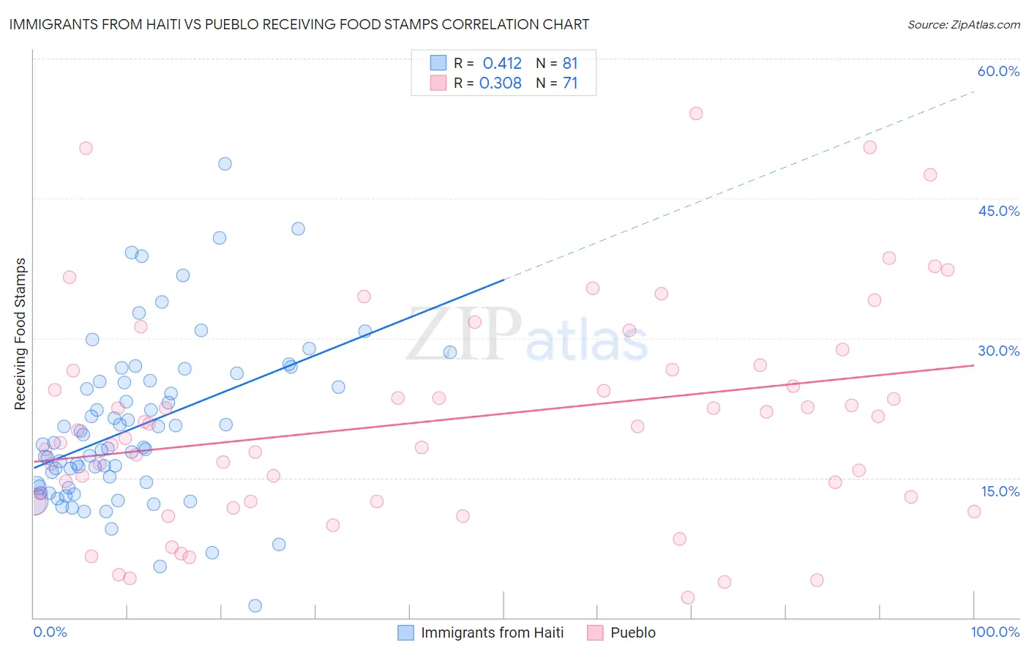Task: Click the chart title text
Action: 299,24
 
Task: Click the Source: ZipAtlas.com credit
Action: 963,24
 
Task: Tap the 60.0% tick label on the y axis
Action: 998,71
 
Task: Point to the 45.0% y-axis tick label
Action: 998,211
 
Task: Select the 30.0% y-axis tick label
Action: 998,351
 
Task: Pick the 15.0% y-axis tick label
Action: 1000,491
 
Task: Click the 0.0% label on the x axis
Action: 50,632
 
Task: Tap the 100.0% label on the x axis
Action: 995,632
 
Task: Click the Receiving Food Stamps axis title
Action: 20,334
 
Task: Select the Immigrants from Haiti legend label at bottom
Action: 492,633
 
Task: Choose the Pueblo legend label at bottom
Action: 633,633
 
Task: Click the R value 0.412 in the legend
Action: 502,64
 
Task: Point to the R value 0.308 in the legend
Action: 501,83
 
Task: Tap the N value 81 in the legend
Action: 570,64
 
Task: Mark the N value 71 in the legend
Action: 570,83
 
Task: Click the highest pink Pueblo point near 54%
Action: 696,113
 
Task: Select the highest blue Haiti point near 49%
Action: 225,164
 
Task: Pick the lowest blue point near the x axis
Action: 255,605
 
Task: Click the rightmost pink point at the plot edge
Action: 974,512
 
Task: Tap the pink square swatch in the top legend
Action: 438,83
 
